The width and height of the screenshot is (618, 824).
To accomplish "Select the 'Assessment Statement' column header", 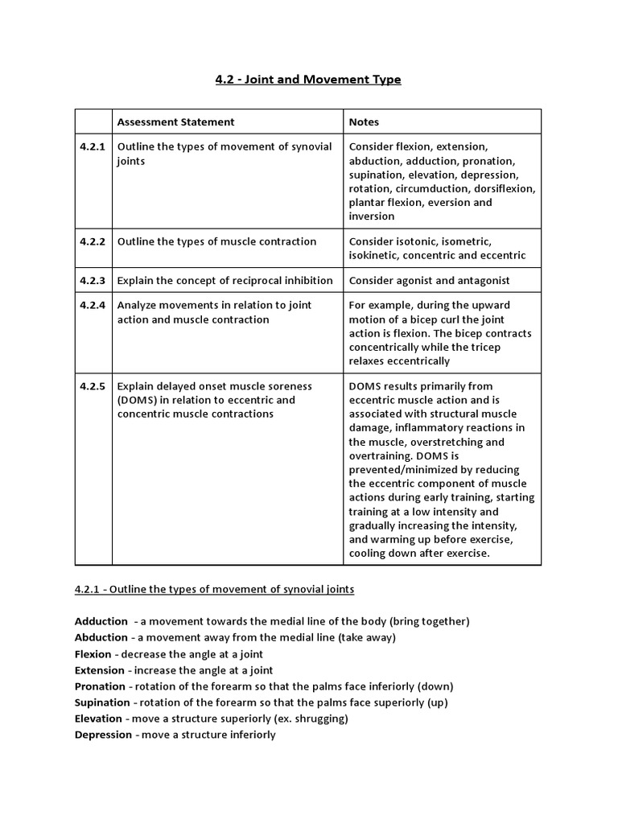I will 176,122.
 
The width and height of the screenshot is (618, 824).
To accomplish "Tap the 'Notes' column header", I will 364,122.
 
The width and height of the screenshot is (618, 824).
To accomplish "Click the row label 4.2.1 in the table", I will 93,146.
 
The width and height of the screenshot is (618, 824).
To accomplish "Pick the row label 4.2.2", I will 93,241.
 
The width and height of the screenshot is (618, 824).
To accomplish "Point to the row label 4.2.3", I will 93,280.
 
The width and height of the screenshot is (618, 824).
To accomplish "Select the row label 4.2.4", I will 93,305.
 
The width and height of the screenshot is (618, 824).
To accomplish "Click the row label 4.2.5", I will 93,386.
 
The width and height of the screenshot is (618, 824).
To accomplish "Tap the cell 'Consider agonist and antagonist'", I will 429,280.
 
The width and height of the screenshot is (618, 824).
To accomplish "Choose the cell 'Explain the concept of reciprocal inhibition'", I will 225,280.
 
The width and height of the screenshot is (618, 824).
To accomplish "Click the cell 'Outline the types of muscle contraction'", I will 216,241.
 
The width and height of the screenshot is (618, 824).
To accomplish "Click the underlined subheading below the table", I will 214,589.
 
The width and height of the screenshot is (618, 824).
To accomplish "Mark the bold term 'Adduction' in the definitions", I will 101,621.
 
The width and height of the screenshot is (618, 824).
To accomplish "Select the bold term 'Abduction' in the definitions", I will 101,637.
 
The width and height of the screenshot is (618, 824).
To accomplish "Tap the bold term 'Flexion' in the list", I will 93,654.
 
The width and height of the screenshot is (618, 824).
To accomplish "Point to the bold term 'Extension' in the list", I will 100,670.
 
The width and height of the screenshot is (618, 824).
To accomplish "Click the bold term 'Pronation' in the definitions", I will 100,686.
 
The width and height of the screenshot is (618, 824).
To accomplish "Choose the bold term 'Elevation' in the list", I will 98,719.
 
